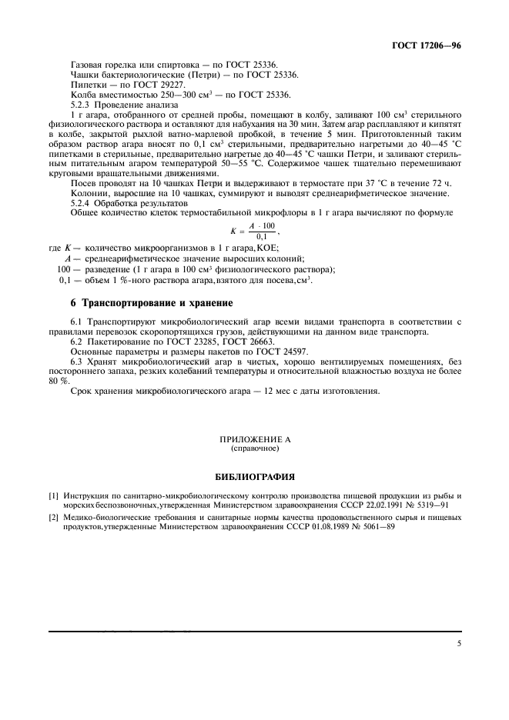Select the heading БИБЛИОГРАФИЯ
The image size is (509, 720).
(255, 476)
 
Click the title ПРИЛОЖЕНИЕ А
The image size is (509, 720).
(255, 438)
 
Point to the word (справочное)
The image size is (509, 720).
(255, 447)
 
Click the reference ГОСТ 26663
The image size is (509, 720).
(254, 340)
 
